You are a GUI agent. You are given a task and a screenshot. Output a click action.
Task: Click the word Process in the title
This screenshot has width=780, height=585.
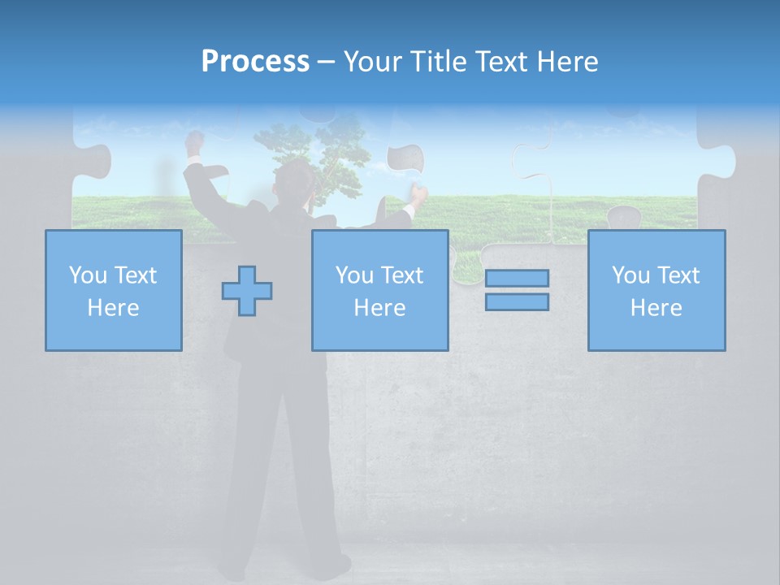[x=255, y=62]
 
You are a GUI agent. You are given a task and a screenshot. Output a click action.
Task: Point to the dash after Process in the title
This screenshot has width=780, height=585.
[x=326, y=63]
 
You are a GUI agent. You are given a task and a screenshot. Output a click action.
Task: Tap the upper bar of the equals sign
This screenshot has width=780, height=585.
[x=517, y=278]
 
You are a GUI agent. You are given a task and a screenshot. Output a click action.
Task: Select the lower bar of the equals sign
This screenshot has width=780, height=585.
[x=517, y=301]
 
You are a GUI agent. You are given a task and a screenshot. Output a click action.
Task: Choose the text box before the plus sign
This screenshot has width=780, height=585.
[x=113, y=290]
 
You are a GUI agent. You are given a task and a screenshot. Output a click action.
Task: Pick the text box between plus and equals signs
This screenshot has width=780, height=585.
[x=379, y=290]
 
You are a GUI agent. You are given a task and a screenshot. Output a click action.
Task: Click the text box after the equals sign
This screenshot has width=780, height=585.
[x=656, y=290]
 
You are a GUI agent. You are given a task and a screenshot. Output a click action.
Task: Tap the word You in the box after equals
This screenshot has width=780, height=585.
[x=630, y=275]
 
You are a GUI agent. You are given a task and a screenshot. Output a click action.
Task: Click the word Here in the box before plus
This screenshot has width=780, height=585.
[x=113, y=308]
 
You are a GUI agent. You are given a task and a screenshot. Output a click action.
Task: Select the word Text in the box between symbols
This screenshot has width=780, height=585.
[x=402, y=275]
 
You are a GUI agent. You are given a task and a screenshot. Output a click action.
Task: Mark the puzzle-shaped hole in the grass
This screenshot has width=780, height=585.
[x=624, y=217]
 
